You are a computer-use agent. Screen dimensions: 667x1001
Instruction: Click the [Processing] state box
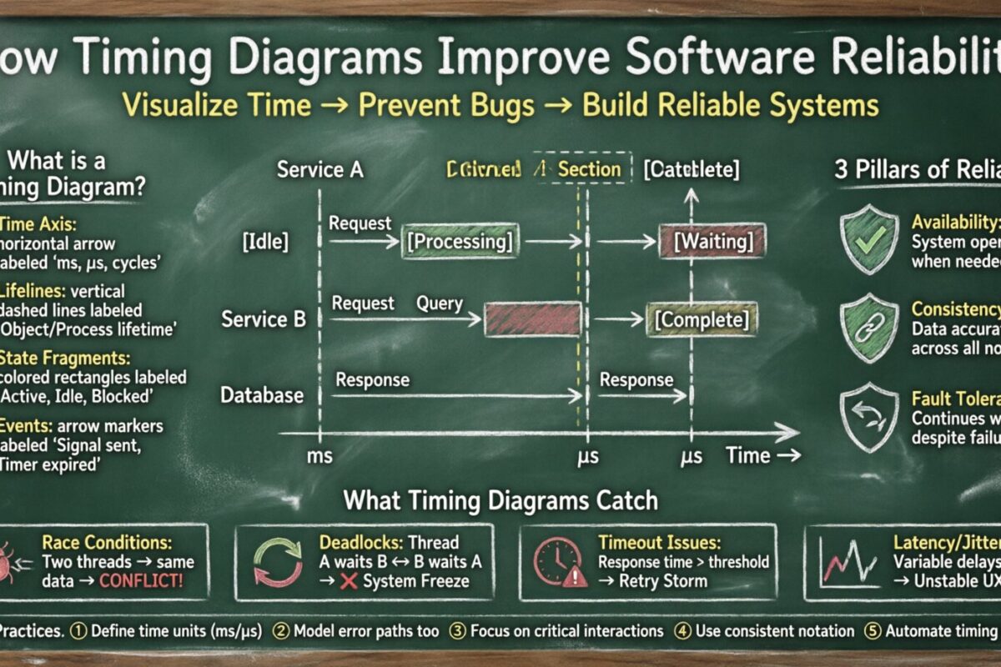point(460,242)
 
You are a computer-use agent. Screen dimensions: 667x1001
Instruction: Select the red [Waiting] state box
point(712,242)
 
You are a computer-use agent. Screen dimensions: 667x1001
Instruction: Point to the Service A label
point(321,170)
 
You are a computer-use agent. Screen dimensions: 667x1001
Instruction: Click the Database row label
point(262,394)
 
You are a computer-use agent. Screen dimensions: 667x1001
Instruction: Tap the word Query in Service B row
point(440,303)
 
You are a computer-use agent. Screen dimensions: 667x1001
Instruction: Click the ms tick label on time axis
point(319,456)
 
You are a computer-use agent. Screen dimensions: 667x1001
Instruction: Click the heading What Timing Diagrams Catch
point(500,500)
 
